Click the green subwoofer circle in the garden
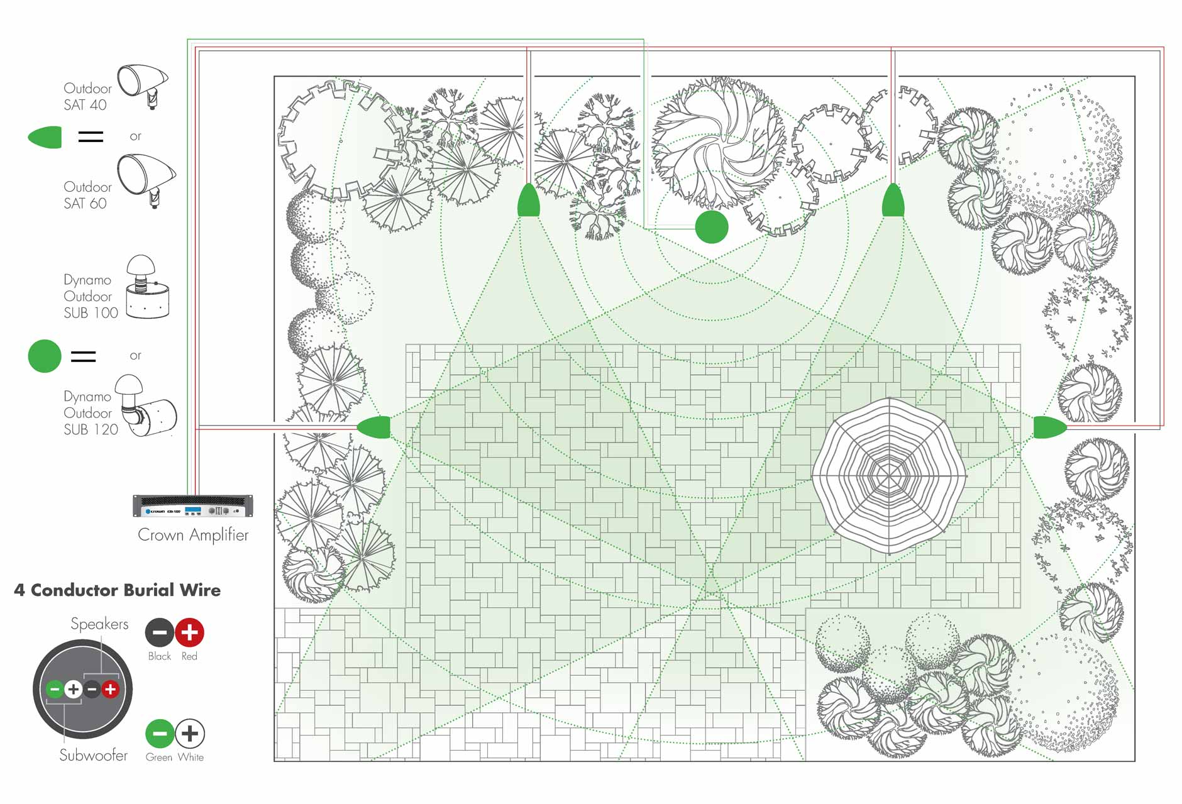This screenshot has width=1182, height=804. [x=712, y=227]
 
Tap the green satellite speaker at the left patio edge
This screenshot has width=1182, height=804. [x=374, y=427]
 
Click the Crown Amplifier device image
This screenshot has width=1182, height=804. [x=193, y=506]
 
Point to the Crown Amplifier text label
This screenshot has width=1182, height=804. [x=193, y=535]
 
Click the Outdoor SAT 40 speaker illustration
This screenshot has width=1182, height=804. [x=143, y=85]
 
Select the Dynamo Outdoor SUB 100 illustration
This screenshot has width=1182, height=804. [x=147, y=287]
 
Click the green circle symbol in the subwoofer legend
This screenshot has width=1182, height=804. [x=45, y=356]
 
